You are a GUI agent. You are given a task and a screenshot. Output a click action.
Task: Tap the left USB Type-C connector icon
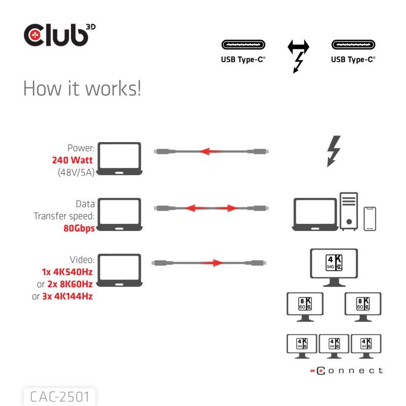point(243,45)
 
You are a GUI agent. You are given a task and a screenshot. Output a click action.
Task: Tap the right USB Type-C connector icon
point(353,45)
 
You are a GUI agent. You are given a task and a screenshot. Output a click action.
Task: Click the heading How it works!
point(82,89)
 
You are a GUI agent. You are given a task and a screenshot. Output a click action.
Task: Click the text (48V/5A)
point(74,172)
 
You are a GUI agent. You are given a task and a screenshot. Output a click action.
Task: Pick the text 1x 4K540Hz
point(67,272)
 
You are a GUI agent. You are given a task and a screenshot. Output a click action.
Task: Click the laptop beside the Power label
point(119,158)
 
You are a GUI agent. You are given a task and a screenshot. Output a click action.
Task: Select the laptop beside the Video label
point(119,271)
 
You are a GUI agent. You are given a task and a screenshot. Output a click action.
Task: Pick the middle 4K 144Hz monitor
point(333,346)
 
